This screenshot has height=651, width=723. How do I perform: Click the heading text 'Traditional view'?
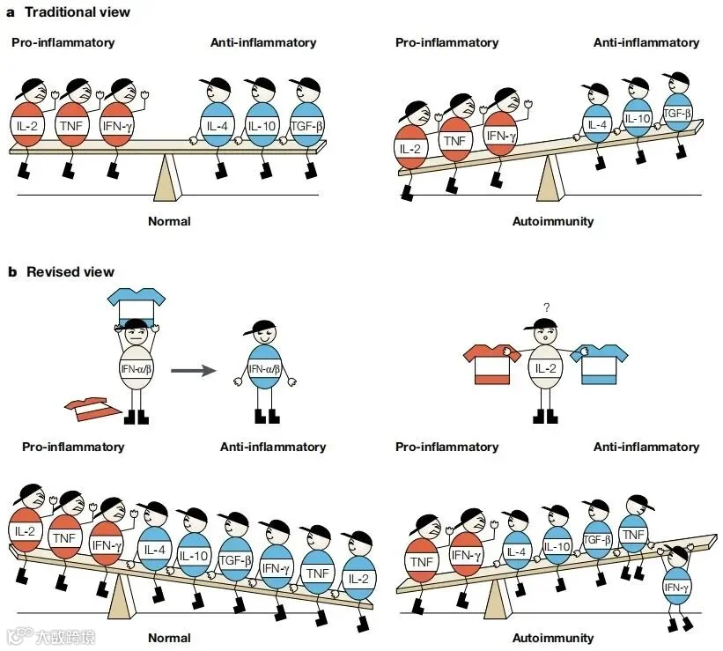point(77,12)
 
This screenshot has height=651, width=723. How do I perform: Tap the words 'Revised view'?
point(70,271)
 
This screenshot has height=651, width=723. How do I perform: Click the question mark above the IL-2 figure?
point(546,307)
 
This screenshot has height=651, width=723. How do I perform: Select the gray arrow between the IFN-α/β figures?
point(193,371)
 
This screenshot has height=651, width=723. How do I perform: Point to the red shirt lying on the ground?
point(93,409)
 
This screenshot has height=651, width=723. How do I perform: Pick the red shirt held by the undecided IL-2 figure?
point(492,364)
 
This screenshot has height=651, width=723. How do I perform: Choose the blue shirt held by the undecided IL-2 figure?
point(599,364)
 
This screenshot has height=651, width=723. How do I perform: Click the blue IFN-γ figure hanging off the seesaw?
point(677,587)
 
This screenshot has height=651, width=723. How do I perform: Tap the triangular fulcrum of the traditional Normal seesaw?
point(167,177)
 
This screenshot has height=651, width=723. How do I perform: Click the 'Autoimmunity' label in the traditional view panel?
point(553,221)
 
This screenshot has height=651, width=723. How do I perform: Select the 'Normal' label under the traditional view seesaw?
point(169,221)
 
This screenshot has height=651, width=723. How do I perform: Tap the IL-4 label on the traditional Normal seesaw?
point(218,126)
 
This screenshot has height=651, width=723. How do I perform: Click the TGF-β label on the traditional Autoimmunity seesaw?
point(677,113)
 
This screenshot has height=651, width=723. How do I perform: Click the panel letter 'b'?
point(12,271)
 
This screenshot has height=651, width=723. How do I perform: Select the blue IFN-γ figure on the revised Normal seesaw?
point(277,567)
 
